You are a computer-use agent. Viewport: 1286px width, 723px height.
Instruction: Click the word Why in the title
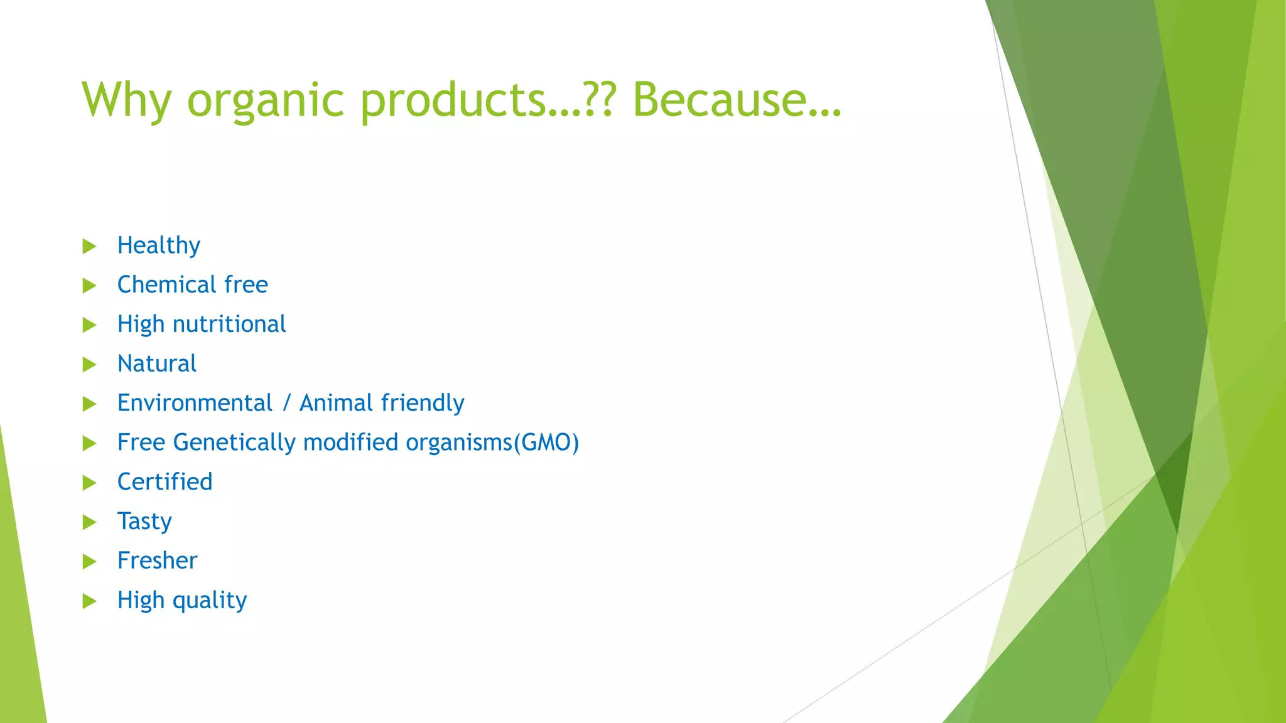tap(126, 100)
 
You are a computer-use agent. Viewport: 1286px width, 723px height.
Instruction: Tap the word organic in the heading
tap(266, 100)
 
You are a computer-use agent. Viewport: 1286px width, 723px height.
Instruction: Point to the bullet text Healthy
tap(159, 245)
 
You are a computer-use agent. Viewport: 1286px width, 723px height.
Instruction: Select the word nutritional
tap(229, 324)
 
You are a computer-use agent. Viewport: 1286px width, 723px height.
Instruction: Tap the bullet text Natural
tap(157, 364)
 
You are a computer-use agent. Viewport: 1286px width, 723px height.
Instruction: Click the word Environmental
tap(195, 403)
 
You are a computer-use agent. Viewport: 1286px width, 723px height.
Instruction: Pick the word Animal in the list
tap(336, 403)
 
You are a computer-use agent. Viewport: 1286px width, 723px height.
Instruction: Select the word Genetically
tap(234, 443)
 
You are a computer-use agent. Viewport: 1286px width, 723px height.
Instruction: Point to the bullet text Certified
tap(165, 482)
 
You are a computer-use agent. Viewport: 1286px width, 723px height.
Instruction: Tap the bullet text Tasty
tap(144, 522)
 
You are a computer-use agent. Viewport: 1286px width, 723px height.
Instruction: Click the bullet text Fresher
tap(157, 560)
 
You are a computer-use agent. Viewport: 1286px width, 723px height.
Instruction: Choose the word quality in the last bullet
tap(210, 601)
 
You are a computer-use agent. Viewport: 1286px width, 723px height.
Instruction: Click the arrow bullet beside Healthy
tap(89, 246)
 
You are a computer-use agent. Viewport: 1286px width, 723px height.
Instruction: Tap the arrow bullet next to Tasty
tap(89, 522)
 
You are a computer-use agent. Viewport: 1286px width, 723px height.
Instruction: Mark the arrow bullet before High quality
tap(89, 601)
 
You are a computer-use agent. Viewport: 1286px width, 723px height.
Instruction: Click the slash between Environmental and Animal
tap(286, 403)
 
